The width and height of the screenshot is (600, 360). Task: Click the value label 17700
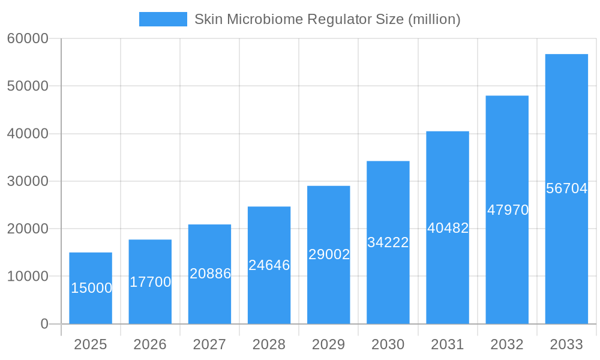pyautogui.click(x=151, y=282)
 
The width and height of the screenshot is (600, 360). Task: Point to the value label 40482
pyautogui.click(x=448, y=228)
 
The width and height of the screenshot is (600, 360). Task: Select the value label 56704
pyautogui.click(x=566, y=188)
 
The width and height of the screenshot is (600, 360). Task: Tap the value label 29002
pyautogui.click(x=329, y=254)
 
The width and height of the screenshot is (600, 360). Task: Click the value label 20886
pyautogui.click(x=210, y=274)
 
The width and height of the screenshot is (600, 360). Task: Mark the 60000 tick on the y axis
pyautogui.click(x=27, y=38)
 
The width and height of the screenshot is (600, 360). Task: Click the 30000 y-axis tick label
pyautogui.click(x=27, y=181)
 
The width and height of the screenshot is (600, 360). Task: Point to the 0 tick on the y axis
pyautogui.click(x=44, y=324)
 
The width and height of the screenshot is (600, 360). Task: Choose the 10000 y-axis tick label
pyautogui.click(x=27, y=277)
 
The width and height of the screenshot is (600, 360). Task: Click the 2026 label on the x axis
pyautogui.click(x=150, y=344)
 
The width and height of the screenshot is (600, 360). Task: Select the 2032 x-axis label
pyautogui.click(x=507, y=344)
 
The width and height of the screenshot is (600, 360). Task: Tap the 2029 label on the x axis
pyautogui.click(x=329, y=344)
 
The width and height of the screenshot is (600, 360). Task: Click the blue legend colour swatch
pyautogui.click(x=163, y=19)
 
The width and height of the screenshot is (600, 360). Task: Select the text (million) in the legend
pyautogui.click(x=434, y=19)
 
